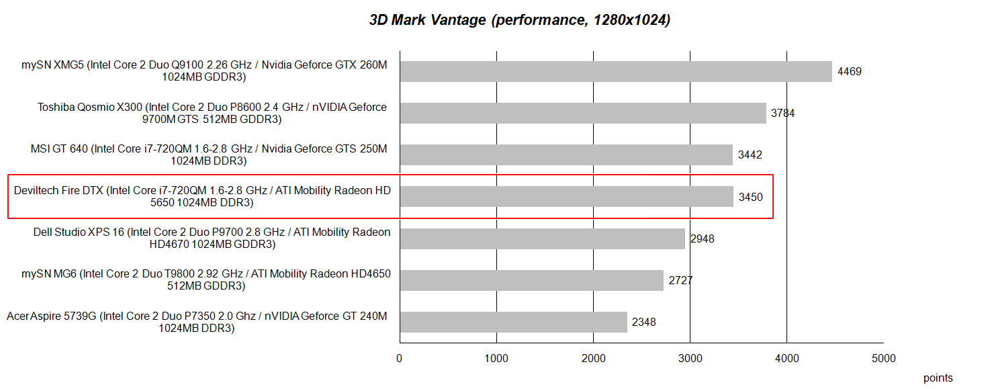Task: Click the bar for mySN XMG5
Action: tap(616, 71)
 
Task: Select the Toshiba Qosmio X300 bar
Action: tap(583, 113)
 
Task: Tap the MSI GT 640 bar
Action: tap(566, 155)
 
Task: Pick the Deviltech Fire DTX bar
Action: tap(566, 196)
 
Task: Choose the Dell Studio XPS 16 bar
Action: tap(542, 239)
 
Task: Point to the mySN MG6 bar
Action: tap(531, 280)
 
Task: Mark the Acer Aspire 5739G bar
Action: tap(513, 322)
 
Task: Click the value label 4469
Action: tap(849, 72)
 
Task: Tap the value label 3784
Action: tap(783, 114)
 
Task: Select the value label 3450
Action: tap(750, 197)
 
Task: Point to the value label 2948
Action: tap(702, 239)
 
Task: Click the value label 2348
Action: tap(643, 322)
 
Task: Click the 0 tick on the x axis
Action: tap(400, 359)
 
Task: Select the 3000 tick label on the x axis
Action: tap(690, 359)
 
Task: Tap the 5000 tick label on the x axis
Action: tap(883, 359)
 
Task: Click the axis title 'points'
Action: tap(938, 378)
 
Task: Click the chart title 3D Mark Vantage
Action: tap(519, 20)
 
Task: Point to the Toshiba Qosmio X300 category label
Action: tap(212, 113)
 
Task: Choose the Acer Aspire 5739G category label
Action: tap(197, 322)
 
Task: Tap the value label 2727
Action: tap(680, 280)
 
